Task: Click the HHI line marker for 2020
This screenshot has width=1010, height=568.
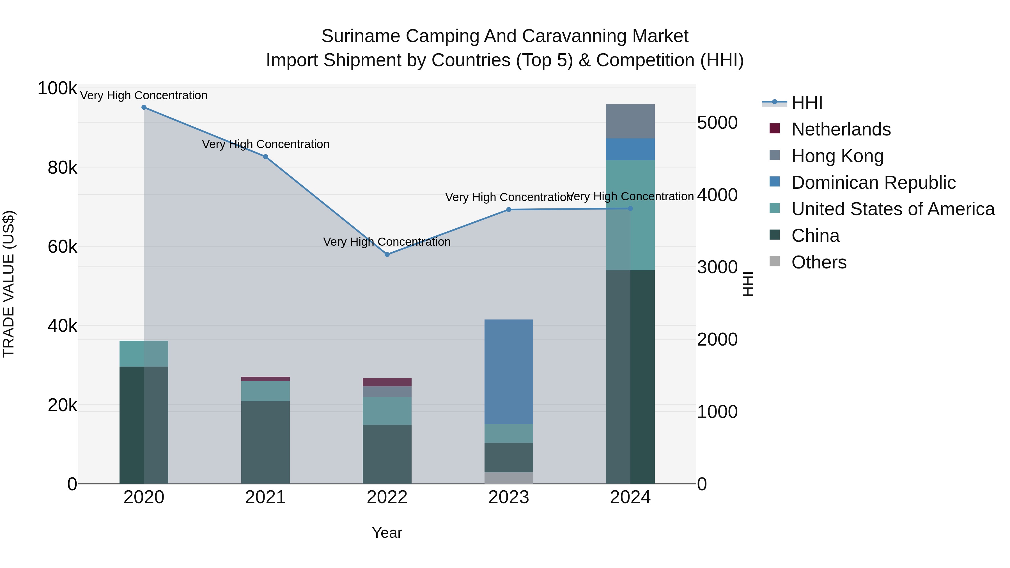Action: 144,107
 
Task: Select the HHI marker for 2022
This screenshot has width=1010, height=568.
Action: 387,254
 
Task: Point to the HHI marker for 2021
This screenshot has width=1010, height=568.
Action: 265,157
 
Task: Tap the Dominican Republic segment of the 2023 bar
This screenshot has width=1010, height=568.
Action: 509,372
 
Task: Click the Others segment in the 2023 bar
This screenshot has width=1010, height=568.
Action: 509,478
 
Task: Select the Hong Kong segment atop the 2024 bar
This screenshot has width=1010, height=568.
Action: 630,121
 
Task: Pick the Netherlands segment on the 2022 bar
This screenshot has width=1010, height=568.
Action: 387,382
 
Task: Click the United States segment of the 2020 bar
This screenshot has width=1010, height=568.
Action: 144,354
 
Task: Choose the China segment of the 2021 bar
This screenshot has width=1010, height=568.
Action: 265,442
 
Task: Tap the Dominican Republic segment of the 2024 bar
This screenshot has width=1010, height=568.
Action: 630,149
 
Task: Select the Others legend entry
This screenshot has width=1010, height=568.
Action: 819,262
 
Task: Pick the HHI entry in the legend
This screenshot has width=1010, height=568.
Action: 807,103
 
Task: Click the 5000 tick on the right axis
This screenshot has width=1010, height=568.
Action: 717,123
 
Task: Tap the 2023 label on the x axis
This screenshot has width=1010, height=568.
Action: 509,497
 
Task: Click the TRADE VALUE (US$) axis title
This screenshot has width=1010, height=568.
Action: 9,284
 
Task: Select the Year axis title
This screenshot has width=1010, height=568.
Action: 387,533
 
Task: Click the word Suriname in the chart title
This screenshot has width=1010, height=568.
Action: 361,36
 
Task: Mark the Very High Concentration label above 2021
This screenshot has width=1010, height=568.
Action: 265,144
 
